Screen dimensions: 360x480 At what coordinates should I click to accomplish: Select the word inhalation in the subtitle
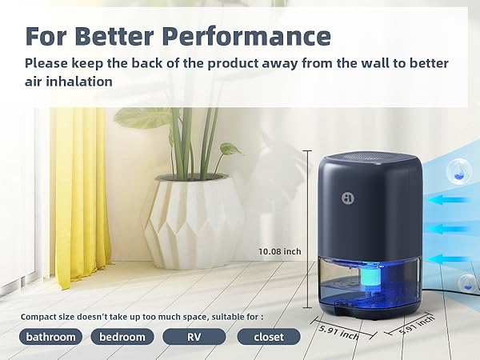[x=78, y=81]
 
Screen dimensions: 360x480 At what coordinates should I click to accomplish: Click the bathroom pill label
[x=50, y=337]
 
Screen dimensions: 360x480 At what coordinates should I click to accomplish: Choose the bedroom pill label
[x=122, y=337]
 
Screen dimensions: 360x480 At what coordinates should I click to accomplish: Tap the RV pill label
[x=194, y=337]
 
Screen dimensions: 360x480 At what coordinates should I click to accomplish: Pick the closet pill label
[x=269, y=337]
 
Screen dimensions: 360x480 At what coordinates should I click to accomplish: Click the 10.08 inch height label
[x=281, y=251]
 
